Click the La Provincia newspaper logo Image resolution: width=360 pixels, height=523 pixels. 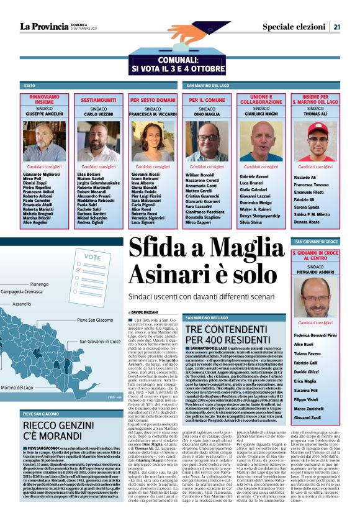43,26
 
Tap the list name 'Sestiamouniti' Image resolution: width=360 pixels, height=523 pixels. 98,99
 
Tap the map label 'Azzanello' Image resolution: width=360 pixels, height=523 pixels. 22,304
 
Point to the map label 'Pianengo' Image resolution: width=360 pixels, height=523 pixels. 39,284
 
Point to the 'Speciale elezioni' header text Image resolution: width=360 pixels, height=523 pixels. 292,26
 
